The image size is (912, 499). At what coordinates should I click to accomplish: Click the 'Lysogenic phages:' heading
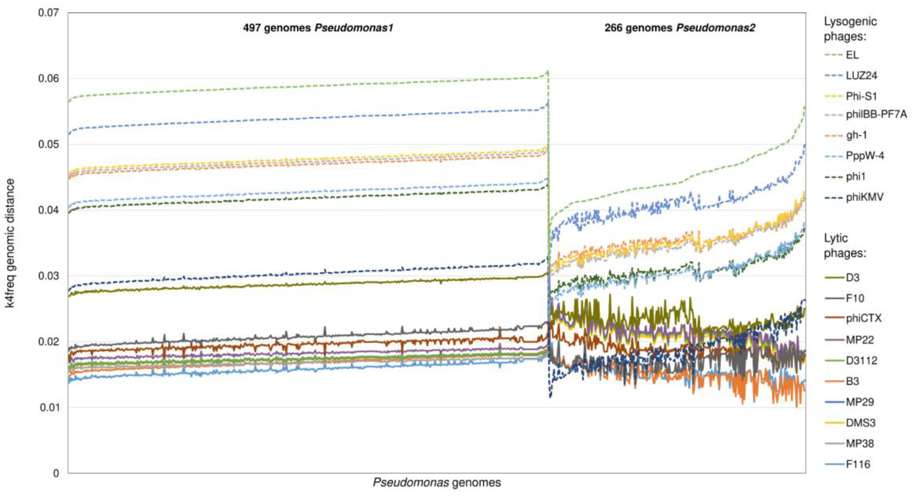(850, 29)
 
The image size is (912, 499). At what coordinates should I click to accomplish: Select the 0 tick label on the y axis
(56, 473)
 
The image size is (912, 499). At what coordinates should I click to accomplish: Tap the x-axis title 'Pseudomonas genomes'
(436, 482)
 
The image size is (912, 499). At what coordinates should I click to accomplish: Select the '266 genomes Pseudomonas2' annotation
(680, 28)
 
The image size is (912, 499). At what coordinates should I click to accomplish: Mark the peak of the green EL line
(548, 71)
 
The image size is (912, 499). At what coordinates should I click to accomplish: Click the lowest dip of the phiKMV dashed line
(550, 397)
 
